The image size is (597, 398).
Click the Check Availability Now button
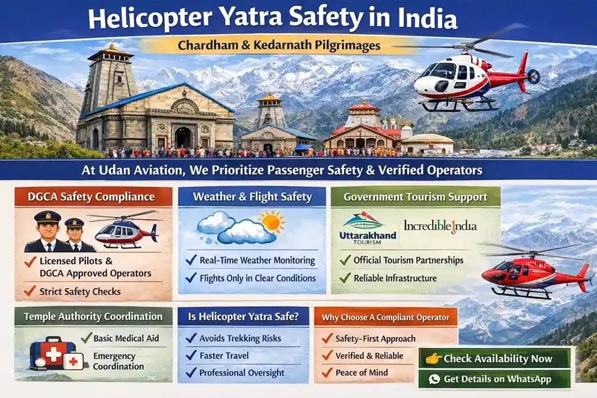point(495,359)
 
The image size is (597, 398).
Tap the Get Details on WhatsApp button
point(495,379)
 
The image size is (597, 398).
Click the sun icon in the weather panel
point(272,222)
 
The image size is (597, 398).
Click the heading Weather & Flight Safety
point(251,197)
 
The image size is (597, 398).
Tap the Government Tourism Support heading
point(415,197)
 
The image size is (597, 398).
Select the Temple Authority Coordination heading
point(93,316)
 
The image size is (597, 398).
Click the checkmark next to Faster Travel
point(191,355)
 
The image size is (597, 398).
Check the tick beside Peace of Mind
point(327,372)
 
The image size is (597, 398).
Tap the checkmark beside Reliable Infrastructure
point(344,278)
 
